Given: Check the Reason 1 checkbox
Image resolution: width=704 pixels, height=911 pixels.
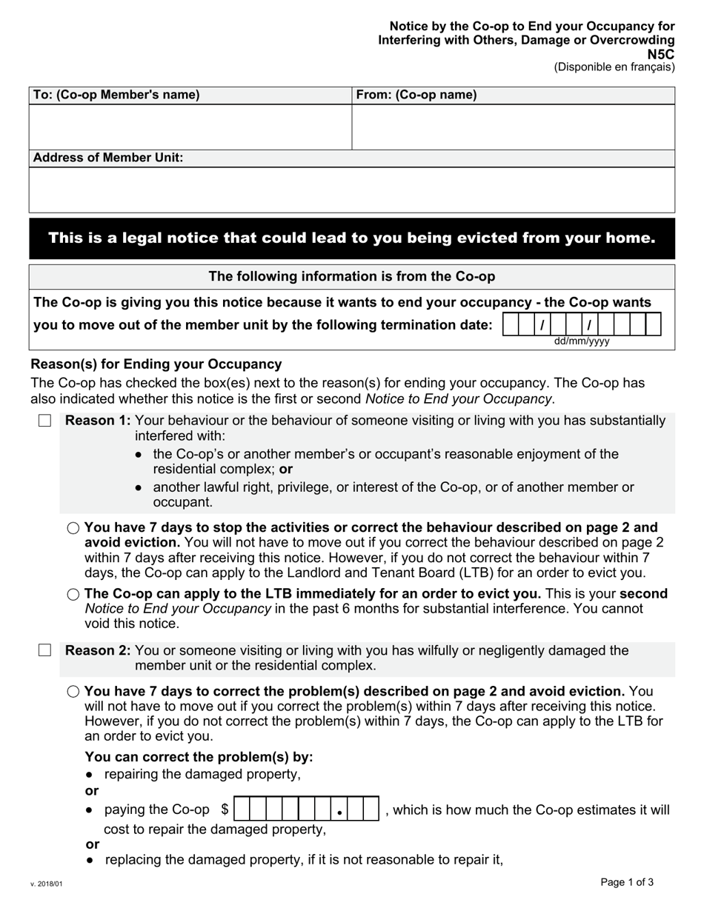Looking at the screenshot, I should click(x=44, y=421).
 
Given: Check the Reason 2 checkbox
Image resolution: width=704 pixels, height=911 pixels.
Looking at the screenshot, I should click(x=44, y=650).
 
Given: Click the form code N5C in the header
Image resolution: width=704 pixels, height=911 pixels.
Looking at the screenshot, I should click(x=660, y=54).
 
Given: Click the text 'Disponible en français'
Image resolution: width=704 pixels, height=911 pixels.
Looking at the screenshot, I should click(x=614, y=67).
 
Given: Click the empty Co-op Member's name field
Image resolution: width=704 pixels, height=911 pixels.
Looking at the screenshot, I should click(x=190, y=127).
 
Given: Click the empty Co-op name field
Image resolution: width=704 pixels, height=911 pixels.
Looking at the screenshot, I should click(x=513, y=127).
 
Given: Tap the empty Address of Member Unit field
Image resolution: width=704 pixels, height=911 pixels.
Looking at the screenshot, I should click(x=352, y=190).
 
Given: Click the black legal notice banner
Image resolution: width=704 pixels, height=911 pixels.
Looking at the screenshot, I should click(x=352, y=238).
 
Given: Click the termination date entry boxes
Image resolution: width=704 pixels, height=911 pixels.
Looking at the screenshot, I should click(x=582, y=325).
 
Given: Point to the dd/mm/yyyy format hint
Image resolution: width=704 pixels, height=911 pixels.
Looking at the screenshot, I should click(x=582, y=342).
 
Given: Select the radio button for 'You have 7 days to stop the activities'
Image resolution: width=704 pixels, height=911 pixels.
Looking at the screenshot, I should click(x=73, y=528).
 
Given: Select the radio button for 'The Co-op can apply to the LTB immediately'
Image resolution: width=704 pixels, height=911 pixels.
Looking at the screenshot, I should click(x=73, y=595).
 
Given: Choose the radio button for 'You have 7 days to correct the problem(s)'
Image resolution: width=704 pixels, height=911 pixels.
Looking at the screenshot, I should click(x=73, y=692).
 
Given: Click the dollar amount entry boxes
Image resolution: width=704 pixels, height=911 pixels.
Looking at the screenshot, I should click(x=306, y=810).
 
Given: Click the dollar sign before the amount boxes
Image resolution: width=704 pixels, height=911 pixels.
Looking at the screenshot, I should click(x=225, y=810).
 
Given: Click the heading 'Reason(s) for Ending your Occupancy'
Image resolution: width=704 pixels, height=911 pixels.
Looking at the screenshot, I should click(x=156, y=364).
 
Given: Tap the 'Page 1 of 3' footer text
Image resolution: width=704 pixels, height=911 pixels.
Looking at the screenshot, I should click(x=627, y=882).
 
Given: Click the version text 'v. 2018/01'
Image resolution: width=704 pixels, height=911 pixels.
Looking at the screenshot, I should click(x=47, y=884).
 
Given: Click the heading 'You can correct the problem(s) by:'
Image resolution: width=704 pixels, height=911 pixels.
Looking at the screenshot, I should click(x=199, y=757).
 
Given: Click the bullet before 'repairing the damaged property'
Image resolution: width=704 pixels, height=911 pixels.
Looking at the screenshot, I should click(x=90, y=775).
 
